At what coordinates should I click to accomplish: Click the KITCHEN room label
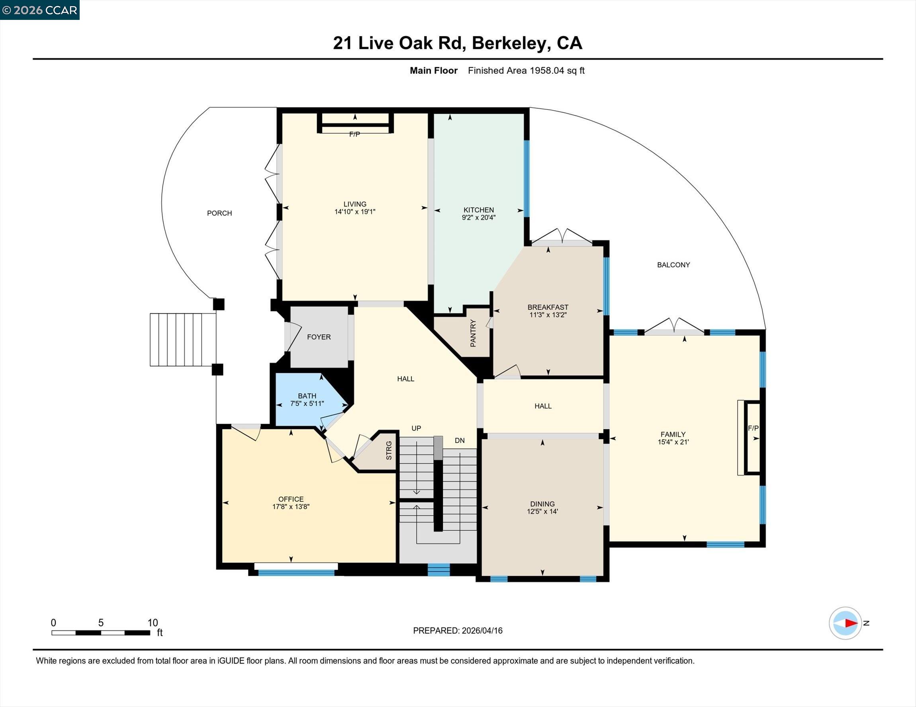click(x=479, y=210)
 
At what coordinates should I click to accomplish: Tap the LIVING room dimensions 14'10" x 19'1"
click(x=355, y=212)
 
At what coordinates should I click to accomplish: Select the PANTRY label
click(x=473, y=333)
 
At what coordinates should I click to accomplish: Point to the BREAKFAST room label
click(x=548, y=307)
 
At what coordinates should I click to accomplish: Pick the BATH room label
click(x=307, y=396)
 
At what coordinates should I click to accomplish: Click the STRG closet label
click(x=389, y=450)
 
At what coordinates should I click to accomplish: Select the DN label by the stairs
click(x=460, y=440)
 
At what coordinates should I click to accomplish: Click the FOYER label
click(x=319, y=337)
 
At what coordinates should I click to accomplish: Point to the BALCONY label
click(x=673, y=265)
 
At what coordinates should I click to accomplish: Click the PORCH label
click(x=219, y=213)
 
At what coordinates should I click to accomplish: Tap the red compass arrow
click(x=851, y=623)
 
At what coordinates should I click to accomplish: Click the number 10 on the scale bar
click(x=153, y=623)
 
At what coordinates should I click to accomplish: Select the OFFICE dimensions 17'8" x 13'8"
click(x=291, y=506)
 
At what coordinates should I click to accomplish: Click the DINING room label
click(x=542, y=504)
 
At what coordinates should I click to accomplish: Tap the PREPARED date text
click(x=458, y=631)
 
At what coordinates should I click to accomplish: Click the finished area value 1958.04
click(x=546, y=71)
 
